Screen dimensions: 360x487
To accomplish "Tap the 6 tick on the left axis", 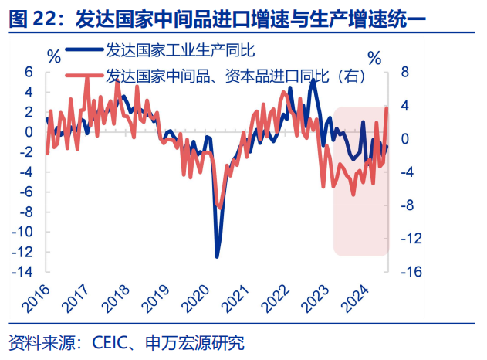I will coord(29,71).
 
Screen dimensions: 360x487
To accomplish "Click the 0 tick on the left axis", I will coord(29,131).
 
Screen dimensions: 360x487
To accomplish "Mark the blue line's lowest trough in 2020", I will coord(217,256).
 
